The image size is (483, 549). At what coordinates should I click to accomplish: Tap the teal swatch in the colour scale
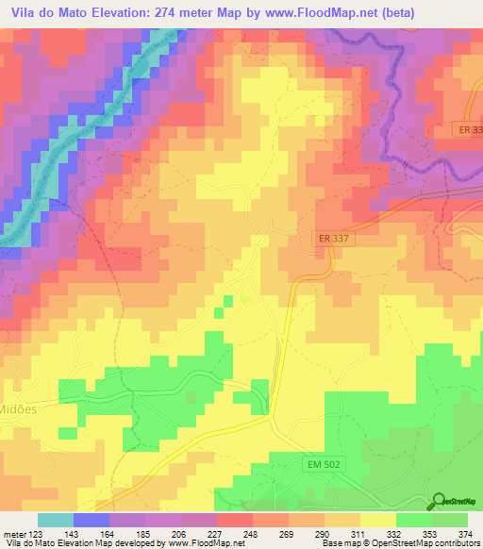tap(56, 520)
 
